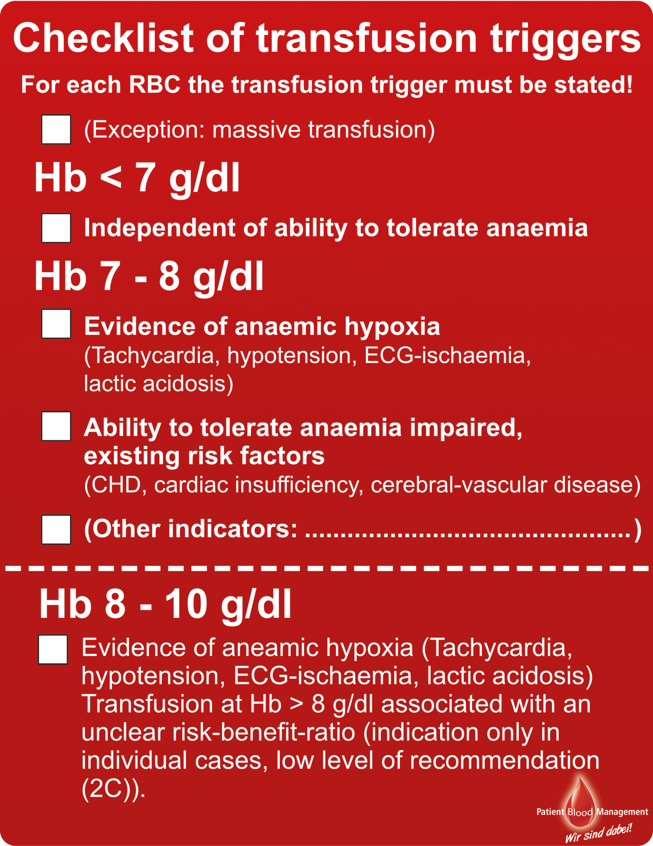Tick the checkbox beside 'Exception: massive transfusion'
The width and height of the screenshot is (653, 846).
pyautogui.click(x=56, y=129)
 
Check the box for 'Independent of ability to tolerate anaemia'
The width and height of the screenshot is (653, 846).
pyautogui.click(x=56, y=228)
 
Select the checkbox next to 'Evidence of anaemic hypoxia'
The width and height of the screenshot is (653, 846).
pyautogui.click(x=56, y=324)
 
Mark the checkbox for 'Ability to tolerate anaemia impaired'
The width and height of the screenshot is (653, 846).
pyautogui.click(x=56, y=426)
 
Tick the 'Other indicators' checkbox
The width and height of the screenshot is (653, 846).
pyautogui.click(x=56, y=530)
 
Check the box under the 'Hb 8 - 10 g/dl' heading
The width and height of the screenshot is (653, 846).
pyautogui.click(x=53, y=650)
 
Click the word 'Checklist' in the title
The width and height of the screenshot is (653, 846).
pyautogui.click(x=103, y=38)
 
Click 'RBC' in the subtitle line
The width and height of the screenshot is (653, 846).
pyautogui.click(x=155, y=85)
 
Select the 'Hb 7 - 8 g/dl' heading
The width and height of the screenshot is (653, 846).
pyautogui.click(x=149, y=276)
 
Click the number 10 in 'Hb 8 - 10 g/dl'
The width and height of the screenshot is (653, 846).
pyautogui.click(x=186, y=604)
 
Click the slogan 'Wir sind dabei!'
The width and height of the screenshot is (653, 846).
pyautogui.click(x=599, y=832)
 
